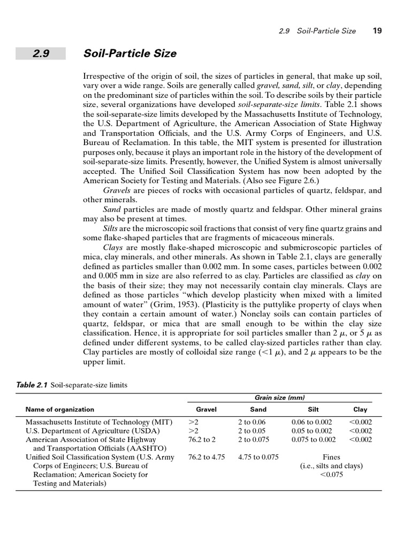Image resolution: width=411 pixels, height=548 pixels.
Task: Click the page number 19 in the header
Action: click(x=377, y=31)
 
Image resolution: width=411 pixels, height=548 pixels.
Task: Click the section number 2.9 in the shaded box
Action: click(x=40, y=54)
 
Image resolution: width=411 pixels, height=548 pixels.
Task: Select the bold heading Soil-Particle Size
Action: click(x=130, y=54)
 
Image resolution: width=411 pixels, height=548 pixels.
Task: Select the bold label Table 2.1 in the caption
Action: click(x=32, y=384)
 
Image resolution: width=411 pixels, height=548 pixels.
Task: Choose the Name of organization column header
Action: click(x=59, y=409)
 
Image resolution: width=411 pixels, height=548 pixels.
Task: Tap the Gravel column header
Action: click(x=206, y=409)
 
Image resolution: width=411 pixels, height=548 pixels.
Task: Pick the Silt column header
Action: click(x=313, y=409)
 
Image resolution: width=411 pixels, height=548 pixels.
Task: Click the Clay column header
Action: click(x=360, y=409)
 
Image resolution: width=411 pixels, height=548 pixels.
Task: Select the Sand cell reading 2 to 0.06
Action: click(x=252, y=422)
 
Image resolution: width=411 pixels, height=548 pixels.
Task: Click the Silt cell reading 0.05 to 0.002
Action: click(x=311, y=431)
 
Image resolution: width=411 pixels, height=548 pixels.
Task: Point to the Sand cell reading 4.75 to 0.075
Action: click(x=258, y=457)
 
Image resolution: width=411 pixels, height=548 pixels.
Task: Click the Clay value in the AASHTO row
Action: click(x=360, y=439)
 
